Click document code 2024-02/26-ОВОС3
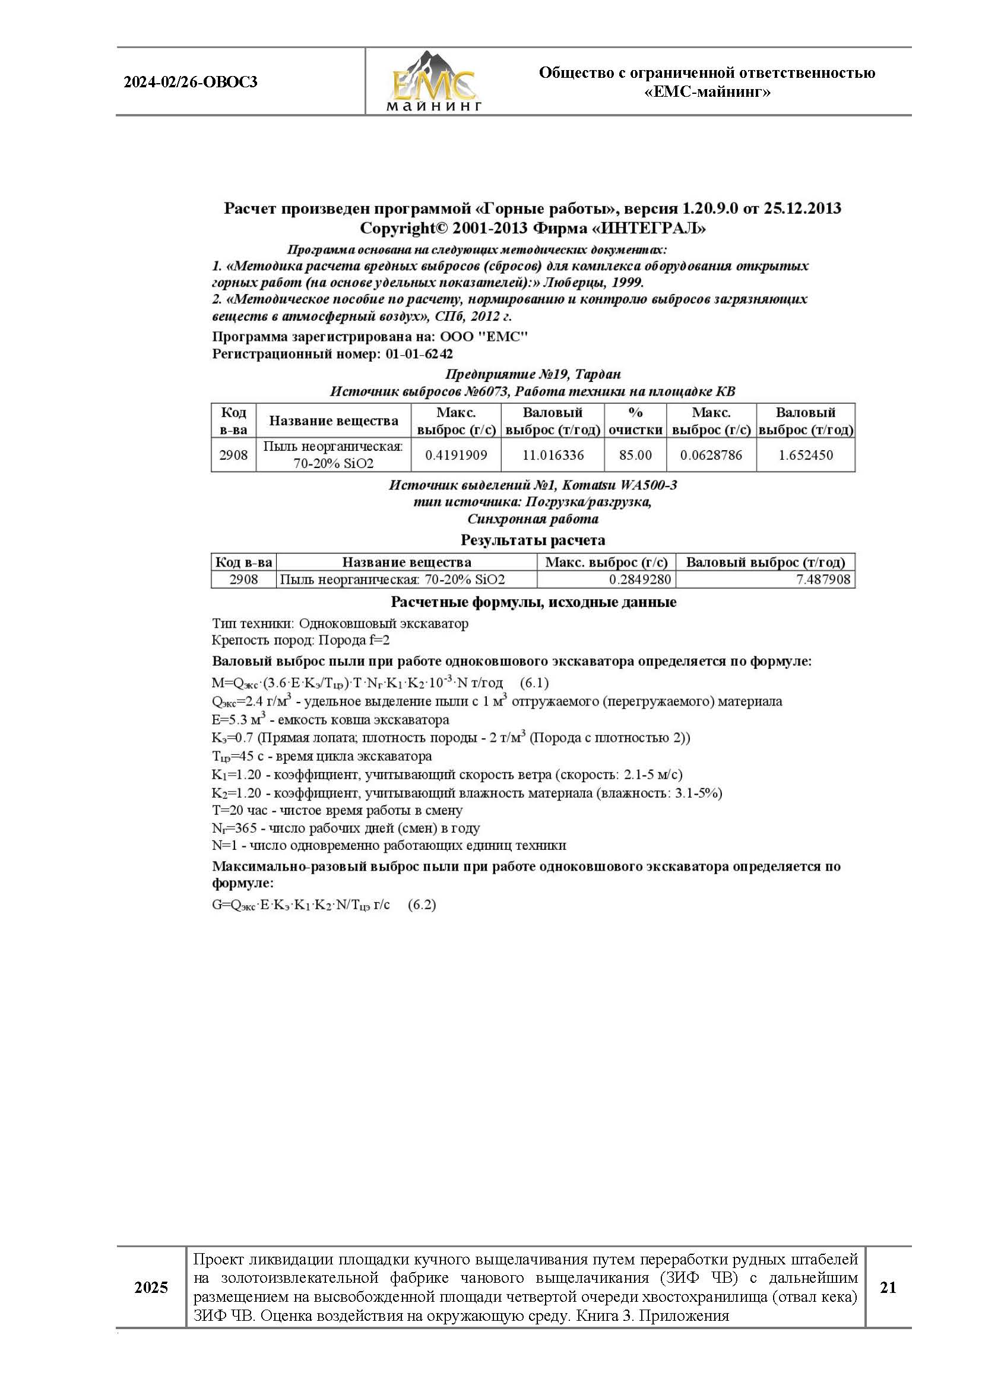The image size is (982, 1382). (191, 82)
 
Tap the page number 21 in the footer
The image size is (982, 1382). (888, 1288)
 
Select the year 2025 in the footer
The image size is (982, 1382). (151, 1288)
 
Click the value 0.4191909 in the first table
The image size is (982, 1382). (456, 455)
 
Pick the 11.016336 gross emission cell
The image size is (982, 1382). (553, 455)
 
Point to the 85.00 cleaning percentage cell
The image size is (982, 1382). (635, 455)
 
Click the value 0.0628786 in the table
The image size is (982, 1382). (711, 455)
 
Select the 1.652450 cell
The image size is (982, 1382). (806, 455)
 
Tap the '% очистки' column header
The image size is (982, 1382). (635, 421)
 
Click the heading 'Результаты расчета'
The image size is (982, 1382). (533, 539)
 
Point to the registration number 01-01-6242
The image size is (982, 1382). (419, 354)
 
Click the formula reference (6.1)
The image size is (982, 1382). (534, 683)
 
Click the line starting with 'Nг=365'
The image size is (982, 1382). (346, 828)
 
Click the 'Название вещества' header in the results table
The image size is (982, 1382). (406, 562)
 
